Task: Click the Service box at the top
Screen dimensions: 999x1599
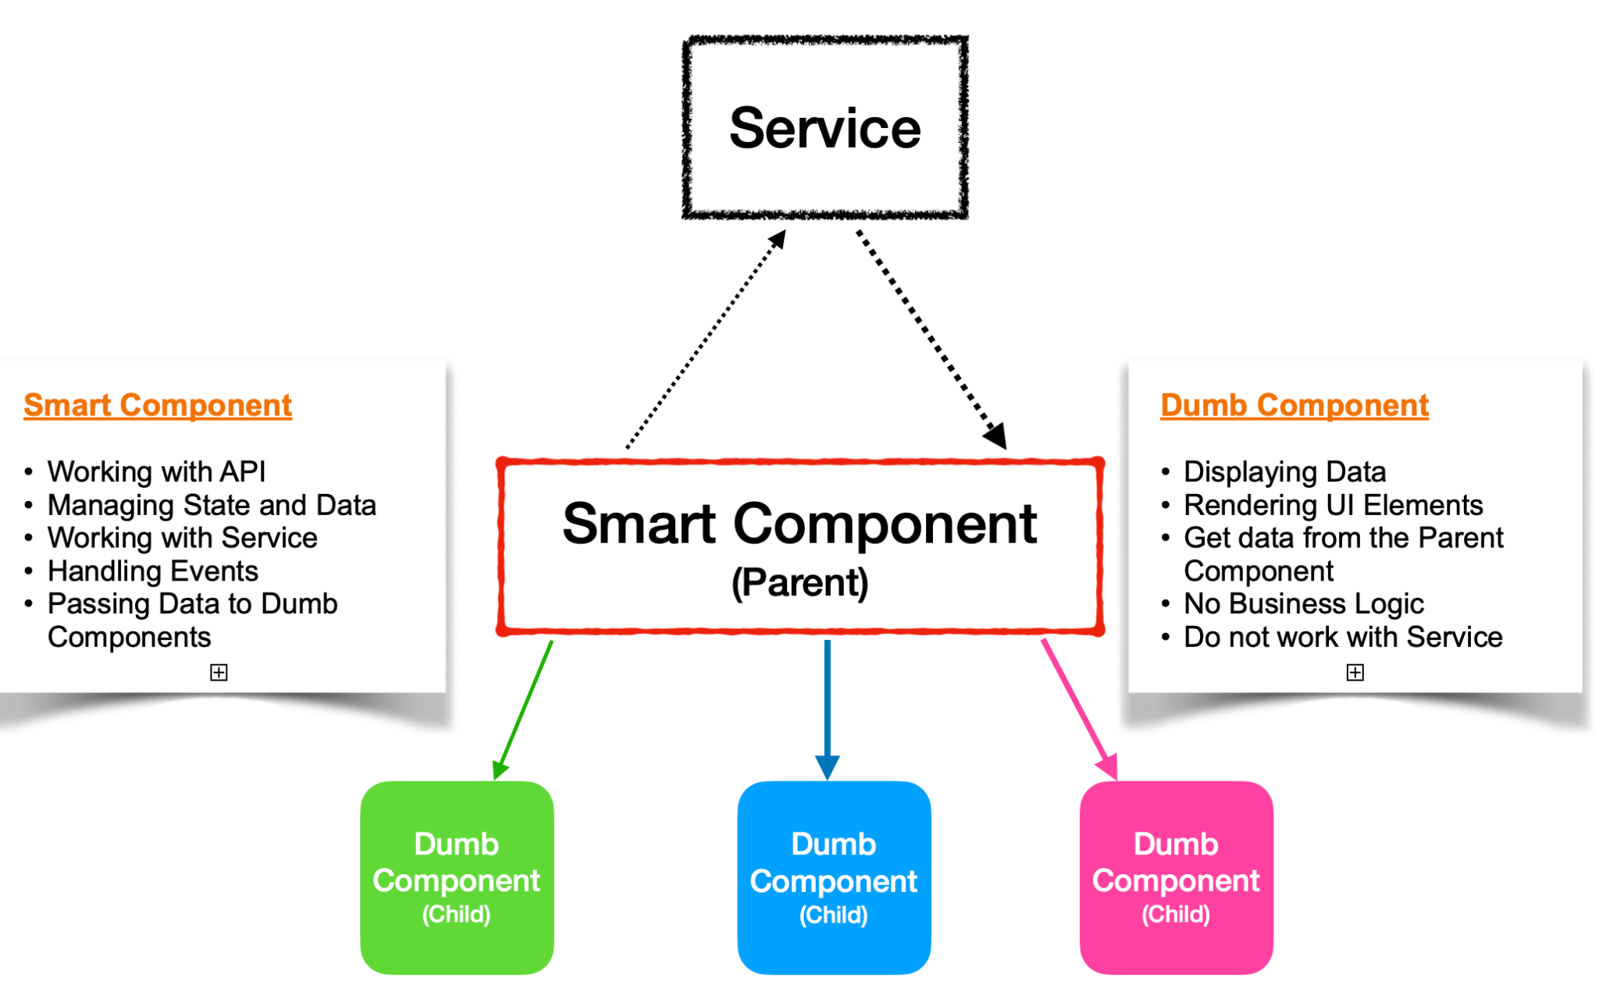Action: click(x=824, y=127)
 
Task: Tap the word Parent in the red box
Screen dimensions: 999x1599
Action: click(x=799, y=583)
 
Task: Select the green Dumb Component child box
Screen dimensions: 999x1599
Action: click(x=457, y=878)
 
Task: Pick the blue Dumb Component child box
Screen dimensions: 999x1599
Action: click(x=834, y=878)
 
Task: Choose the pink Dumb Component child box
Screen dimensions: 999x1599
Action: click(x=1176, y=878)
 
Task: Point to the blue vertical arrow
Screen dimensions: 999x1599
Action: click(x=827, y=702)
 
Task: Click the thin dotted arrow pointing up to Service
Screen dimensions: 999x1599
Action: click(x=703, y=343)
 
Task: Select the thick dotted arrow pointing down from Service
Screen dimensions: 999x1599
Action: click(x=929, y=336)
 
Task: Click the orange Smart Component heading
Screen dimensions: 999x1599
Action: click(x=158, y=405)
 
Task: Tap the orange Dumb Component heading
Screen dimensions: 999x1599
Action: click(x=1294, y=405)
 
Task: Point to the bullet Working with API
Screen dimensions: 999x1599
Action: click(x=156, y=471)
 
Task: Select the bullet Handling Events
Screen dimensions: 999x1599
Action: click(x=152, y=571)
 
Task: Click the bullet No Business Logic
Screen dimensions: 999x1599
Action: click(x=1303, y=604)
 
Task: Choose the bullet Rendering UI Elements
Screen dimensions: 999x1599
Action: click(x=1333, y=505)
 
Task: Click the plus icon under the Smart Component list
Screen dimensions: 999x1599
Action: click(x=219, y=673)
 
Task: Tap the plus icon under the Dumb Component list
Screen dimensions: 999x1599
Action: click(x=1355, y=673)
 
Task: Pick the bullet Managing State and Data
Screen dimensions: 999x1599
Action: click(x=212, y=505)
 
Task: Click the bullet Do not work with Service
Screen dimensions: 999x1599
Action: click(x=1343, y=638)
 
